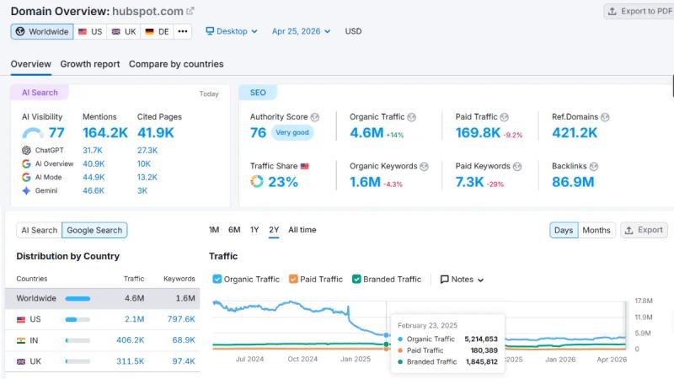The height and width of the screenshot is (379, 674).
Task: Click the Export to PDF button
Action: [638, 11]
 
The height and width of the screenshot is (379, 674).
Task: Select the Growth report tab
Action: [90, 64]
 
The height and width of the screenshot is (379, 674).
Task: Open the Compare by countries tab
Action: [176, 64]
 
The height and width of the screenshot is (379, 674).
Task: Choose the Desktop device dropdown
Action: [232, 31]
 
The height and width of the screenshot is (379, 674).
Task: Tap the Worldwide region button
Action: [42, 31]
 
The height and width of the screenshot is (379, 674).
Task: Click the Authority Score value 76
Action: [258, 132]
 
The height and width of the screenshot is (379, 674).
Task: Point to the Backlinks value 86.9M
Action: [573, 181]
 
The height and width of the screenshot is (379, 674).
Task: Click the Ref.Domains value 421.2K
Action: [575, 132]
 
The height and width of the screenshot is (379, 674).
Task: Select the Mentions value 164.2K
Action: [105, 132]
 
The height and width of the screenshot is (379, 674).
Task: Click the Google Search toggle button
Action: [95, 230]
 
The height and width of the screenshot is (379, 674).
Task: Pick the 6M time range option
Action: [234, 230]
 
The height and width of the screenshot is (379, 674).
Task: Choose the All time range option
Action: [302, 230]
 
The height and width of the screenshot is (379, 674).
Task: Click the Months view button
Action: [596, 230]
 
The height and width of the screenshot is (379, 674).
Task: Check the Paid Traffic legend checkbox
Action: [294, 279]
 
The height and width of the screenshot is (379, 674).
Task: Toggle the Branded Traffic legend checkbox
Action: [357, 279]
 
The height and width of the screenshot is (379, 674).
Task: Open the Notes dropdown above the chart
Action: [463, 280]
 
